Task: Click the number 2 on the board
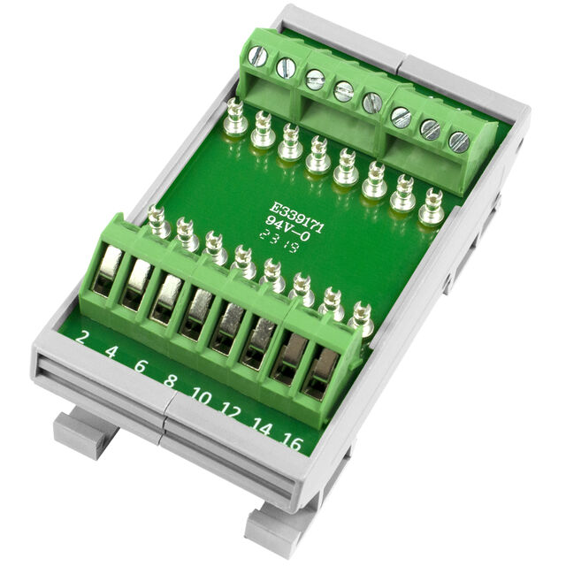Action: pyautogui.click(x=84, y=337)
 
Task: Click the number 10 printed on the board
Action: pyautogui.click(x=202, y=398)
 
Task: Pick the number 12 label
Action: pyautogui.click(x=232, y=411)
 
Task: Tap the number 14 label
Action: pyautogui.click(x=263, y=427)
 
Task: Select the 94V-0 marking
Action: pyautogui.click(x=284, y=222)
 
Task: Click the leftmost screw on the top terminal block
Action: pyautogui.click(x=258, y=57)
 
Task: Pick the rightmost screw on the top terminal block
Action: pyautogui.click(x=458, y=141)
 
